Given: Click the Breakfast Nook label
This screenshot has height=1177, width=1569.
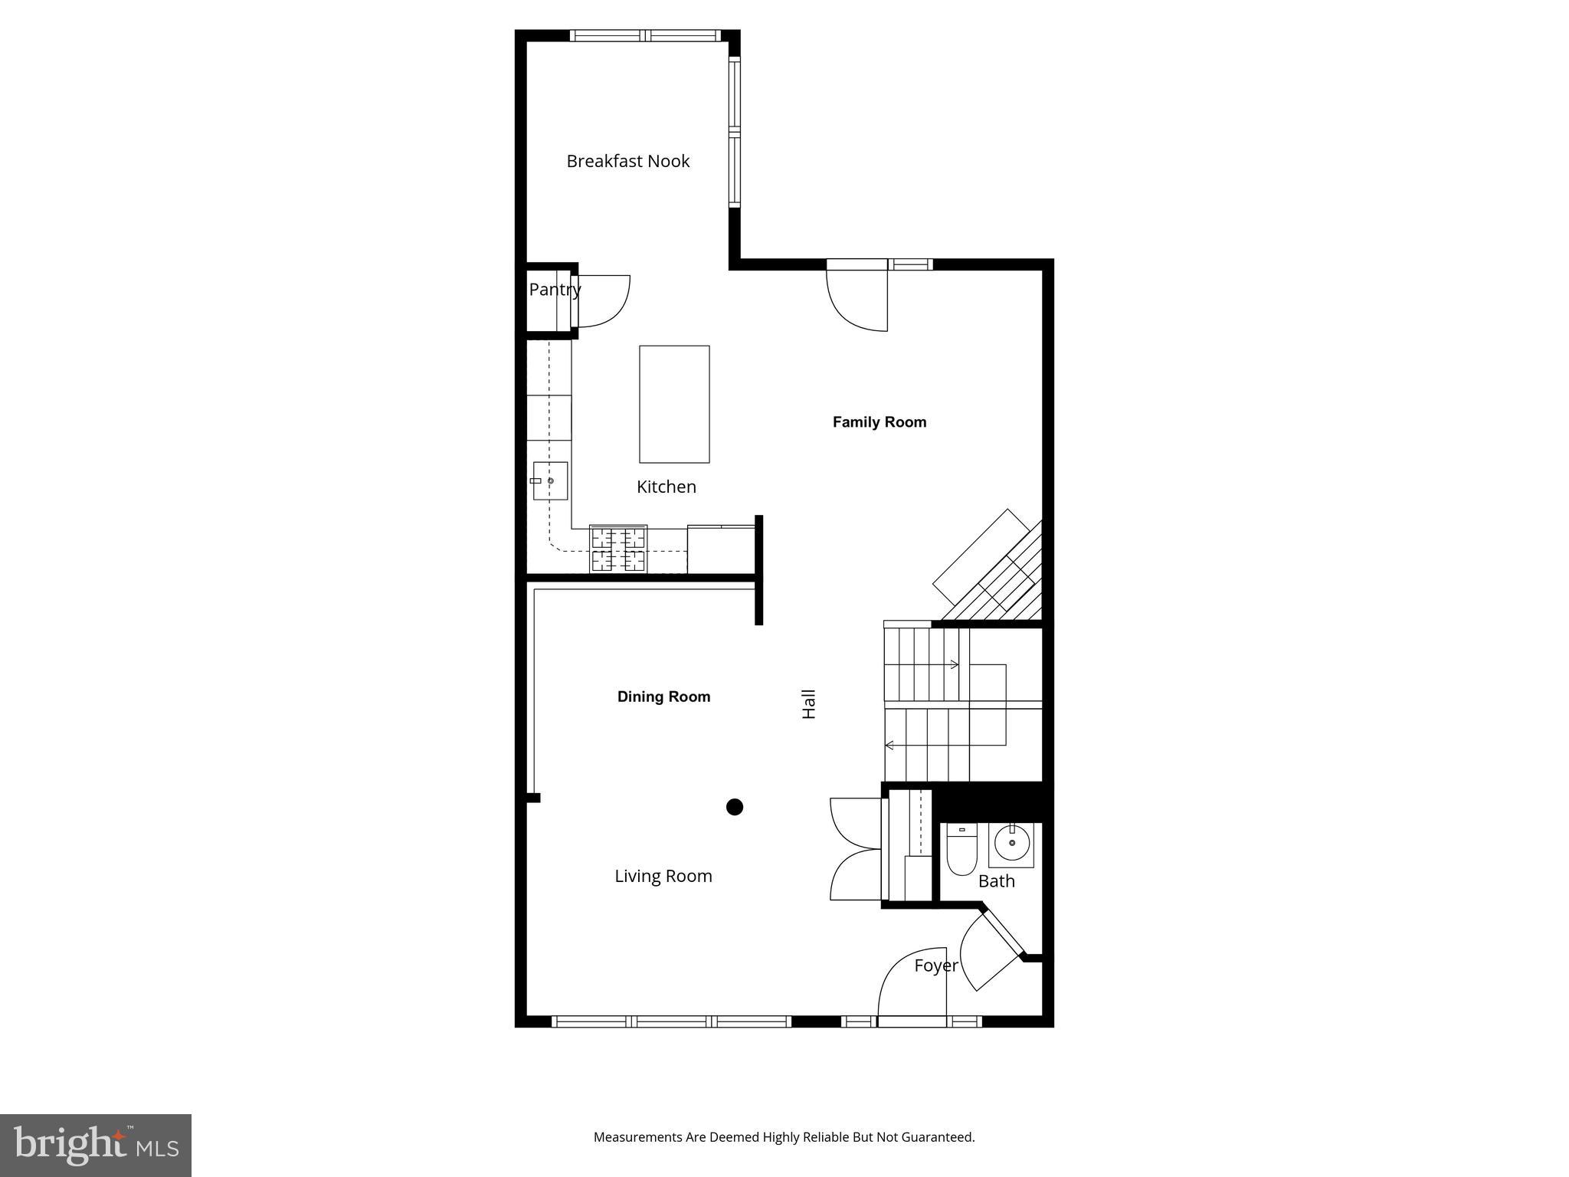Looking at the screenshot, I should click(627, 161).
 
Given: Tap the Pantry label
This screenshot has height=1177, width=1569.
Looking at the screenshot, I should click(554, 290).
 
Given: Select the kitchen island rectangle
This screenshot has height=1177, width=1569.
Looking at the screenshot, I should click(674, 404).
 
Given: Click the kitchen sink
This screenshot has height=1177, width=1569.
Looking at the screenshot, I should click(550, 480).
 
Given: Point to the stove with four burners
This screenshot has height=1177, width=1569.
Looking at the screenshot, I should click(618, 549).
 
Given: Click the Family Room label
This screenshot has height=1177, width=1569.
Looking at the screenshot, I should click(879, 422).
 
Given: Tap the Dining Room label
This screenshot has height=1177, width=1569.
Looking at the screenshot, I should click(663, 697).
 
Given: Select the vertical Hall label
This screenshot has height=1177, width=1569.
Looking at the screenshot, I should click(809, 703).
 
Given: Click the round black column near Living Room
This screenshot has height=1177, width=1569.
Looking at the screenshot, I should click(735, 807).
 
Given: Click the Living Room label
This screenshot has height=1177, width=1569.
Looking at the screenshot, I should click(663, 876).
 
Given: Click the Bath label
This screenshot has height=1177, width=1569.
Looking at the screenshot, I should click(996, 881).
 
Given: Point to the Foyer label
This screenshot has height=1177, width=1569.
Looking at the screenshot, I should click(935, 966).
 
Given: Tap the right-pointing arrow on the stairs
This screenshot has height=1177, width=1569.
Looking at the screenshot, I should click(954, 664).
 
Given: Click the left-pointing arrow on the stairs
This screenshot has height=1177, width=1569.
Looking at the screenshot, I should click(889, 745).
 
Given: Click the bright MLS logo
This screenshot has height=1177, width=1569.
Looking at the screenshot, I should click(96, 1145).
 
